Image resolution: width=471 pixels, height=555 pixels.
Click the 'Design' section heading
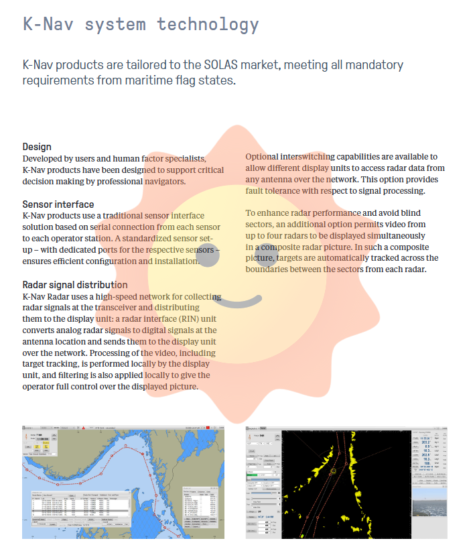(x=37, y=147)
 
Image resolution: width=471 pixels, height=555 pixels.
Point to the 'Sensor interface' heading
(x=58, y=204)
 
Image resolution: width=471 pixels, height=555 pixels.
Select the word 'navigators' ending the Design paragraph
(x=163, y=181)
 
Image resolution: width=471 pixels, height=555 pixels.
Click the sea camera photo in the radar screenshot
(x=429, y=499)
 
